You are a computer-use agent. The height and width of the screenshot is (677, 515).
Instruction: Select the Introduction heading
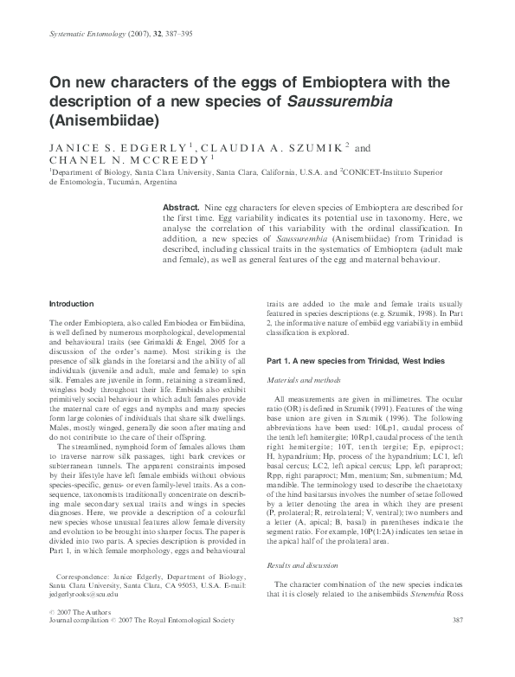[x=71, y=304]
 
